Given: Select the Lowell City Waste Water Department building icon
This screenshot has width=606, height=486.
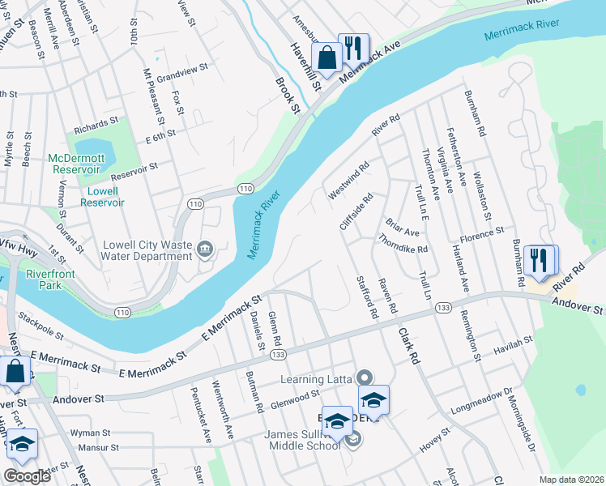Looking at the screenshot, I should click(x=204, y=246).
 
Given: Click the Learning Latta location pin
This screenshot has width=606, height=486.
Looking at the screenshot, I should click(x=365, y=377).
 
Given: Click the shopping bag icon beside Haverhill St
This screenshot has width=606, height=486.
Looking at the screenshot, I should click(x=326, y=58).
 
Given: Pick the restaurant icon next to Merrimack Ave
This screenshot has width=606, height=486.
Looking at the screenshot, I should click(x=352, y=49).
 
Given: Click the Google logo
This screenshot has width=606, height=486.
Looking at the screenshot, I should click(x=27, y=476).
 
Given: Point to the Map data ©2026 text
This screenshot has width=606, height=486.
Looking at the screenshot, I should click(x=571, y=480).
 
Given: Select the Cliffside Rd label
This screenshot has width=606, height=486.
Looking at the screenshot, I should click(x=356, y=211).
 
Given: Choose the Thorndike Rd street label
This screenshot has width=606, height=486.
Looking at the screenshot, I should click(x=403, y=244).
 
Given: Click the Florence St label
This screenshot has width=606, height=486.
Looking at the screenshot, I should click(x=482, y=235).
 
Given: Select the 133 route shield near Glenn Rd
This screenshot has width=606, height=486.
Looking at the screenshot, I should click(x=278, y=356).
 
